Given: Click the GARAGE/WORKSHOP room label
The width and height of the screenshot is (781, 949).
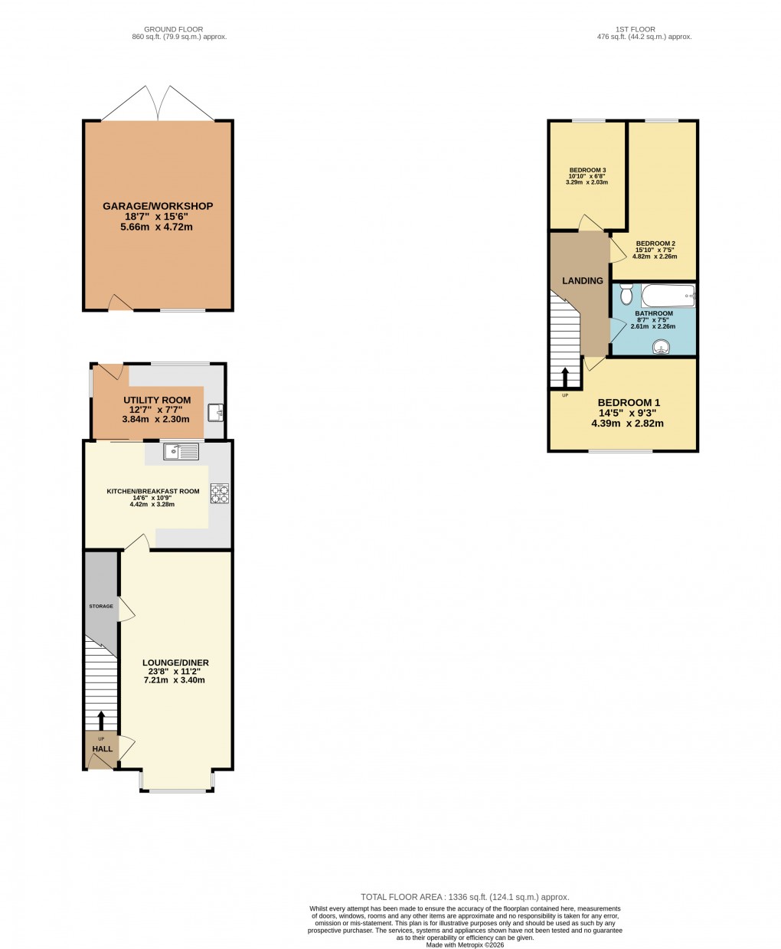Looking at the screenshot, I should [158, 206].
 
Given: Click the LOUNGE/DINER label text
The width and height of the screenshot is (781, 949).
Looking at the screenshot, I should [175, 663].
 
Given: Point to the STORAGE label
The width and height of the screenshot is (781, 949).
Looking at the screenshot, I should [100, 607].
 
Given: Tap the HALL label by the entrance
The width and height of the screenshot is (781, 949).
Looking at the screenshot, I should [103, 749].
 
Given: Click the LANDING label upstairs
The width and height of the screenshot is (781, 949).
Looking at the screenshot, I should [583, 281].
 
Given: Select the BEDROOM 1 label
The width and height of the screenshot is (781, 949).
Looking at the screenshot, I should [628, 403].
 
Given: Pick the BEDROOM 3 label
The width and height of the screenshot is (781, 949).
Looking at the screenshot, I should [587, 170].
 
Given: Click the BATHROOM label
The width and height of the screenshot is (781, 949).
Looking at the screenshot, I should [654, 313].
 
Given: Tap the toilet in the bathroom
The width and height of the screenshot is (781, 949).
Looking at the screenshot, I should [626, 294].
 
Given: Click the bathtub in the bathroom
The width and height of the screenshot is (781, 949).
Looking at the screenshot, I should [668, 295].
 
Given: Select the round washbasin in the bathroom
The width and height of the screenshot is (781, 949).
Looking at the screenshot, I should [660, 348].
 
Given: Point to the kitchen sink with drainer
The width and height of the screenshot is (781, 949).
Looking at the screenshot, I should [181, 452].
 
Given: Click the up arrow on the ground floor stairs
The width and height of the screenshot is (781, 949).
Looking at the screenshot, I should [100, 721].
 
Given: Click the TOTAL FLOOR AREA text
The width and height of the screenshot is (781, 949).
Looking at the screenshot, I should [465, 896].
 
